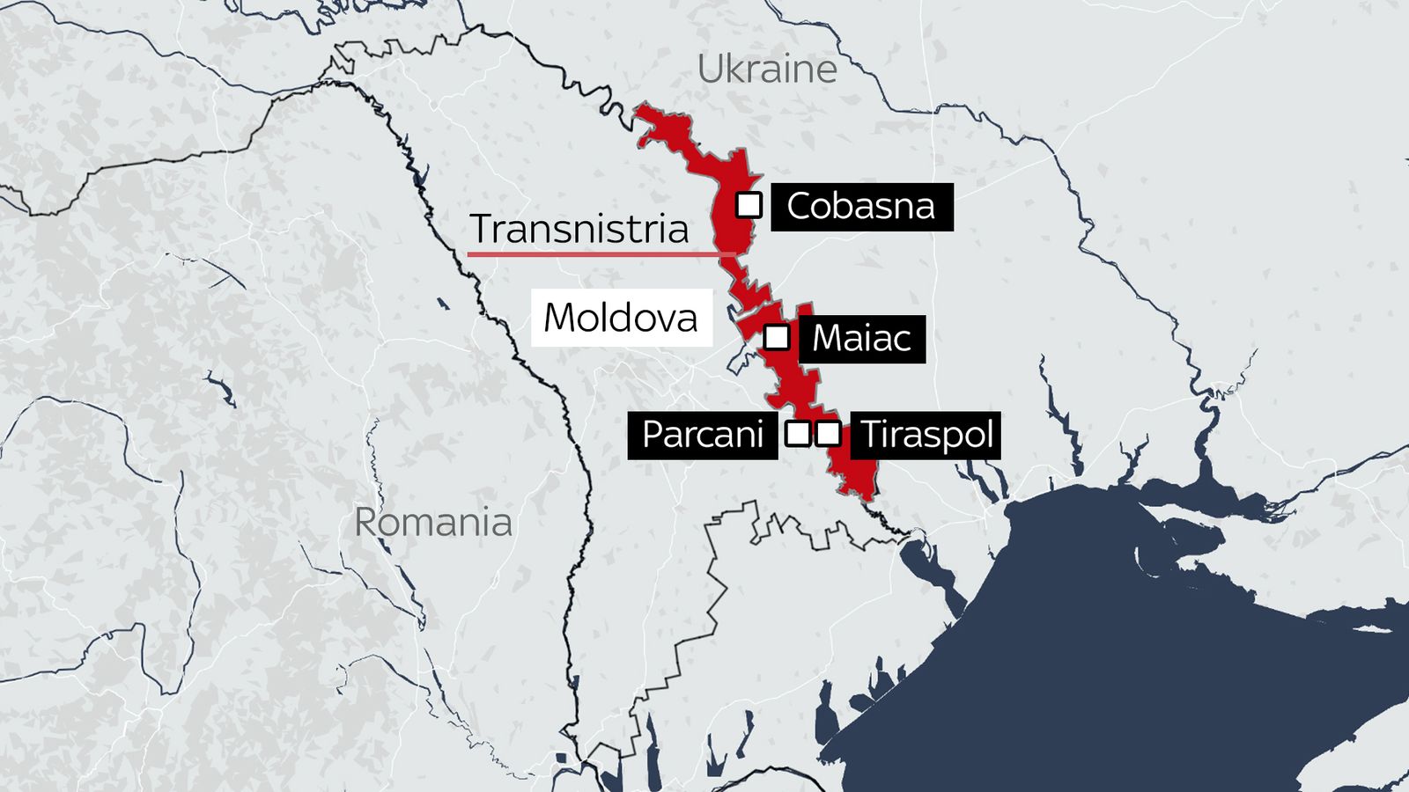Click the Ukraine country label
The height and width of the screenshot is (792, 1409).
[767, 70]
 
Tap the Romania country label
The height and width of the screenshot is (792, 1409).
[432, 523]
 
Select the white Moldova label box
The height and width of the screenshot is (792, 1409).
[621, 318]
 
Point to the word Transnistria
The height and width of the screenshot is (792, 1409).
[579, 229]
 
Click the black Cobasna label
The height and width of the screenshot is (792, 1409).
[861, 207]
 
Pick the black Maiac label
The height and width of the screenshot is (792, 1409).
[861, 339]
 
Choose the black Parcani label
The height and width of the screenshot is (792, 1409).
[702, 435]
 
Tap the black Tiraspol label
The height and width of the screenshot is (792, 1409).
[926, 435]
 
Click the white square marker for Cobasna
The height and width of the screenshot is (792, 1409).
[749, 205]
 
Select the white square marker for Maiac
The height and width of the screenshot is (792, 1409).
[776, 337]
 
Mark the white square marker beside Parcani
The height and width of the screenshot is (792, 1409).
[797, 433]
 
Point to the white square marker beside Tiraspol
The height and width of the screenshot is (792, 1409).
[828, 433]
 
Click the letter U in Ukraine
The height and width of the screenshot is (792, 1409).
[710, 70]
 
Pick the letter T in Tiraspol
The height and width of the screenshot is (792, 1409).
[870, 434]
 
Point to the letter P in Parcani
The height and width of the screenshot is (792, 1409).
[653, 435]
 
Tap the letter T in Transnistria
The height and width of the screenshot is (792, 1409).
[481, 229]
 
